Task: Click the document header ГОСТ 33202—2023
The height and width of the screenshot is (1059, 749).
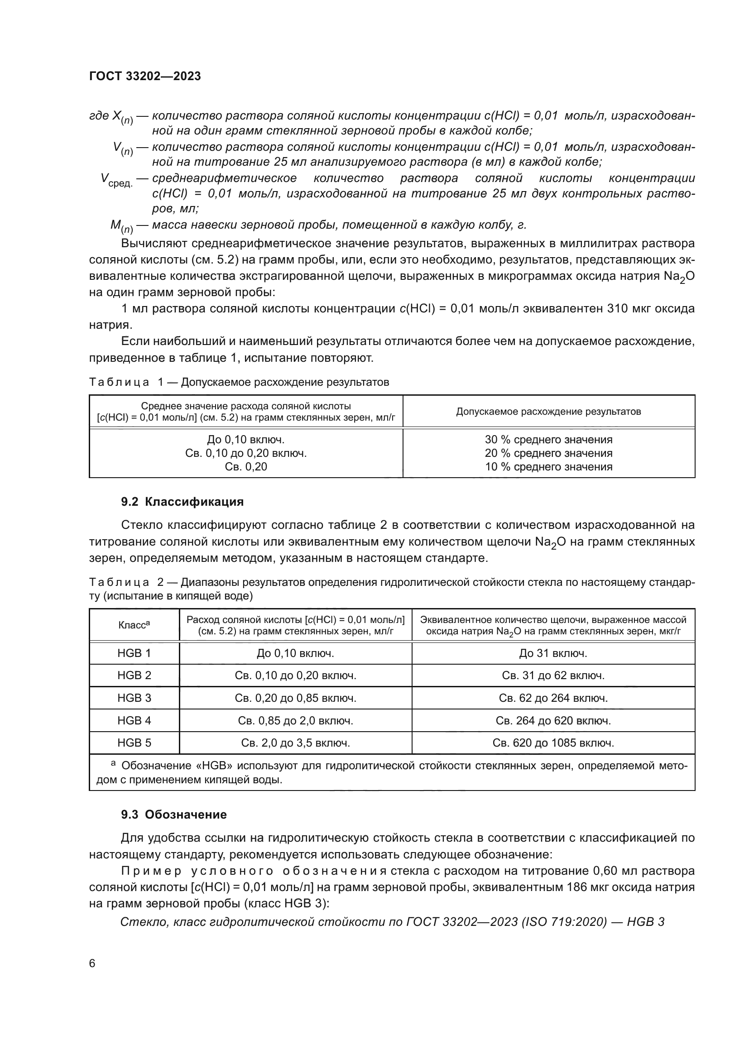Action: pyautogui.click(x=145, y=77)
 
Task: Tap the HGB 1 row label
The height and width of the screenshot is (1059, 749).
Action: pyautogui.click(x=134, y=653)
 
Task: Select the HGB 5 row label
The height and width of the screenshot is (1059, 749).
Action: pyautogui.click(x=134, y=743)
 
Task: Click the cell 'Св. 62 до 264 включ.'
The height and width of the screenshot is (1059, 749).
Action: pyautogui.click(x=553, y=698)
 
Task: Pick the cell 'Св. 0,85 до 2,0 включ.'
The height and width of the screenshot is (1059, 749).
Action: pyautogui.click(x=295, y=720)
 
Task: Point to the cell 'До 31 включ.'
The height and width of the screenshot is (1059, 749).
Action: pyautogui.click(x=553, y=653)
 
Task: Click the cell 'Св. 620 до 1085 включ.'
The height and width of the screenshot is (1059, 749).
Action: pyautogui.click(x=553, y=743)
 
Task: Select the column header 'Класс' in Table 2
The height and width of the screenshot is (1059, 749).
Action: pyautogui.click(x=134, y=625)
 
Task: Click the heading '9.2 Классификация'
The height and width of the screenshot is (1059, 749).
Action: pyautogui.click(x=182, y=502)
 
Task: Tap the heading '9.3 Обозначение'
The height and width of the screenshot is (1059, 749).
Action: pyautogui.click(x=174, y=815)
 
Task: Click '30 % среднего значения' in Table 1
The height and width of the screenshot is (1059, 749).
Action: pyautogui.click(x=548, y=440)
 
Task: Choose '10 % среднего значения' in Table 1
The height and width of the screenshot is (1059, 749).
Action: pyautogui.click(x=548, y=467)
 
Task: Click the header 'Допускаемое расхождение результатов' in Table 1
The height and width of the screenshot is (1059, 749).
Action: pyautogui.click(x=548, y=412)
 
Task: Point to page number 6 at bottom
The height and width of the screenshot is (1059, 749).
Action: pyautogui.click(x=92, y=963)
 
